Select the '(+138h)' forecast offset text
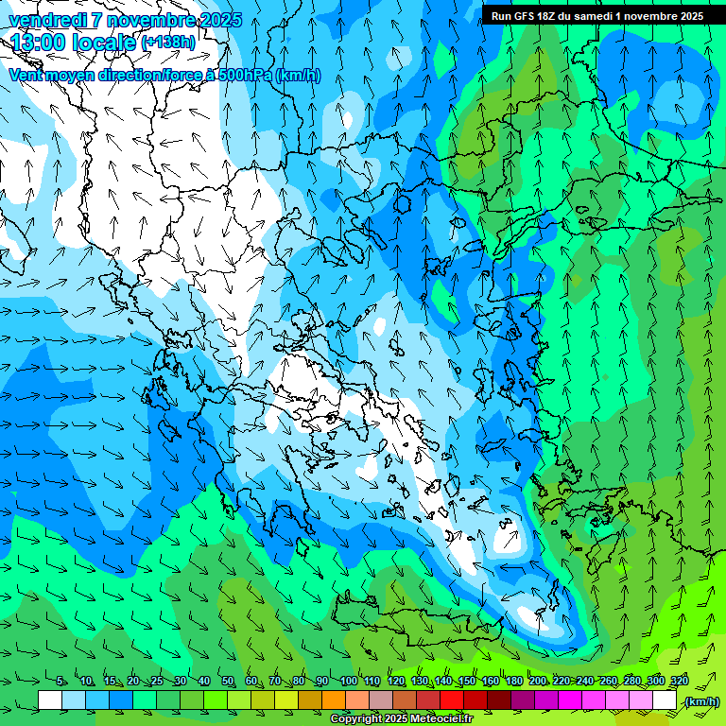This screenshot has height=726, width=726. coord(168,42)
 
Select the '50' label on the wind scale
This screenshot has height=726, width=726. coord(228,682)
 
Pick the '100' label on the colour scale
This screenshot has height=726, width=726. coord(348,682)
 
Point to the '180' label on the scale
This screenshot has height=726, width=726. coord(513,682)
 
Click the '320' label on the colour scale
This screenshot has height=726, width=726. coord(679,682)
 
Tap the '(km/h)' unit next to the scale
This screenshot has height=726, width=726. coord(702,701)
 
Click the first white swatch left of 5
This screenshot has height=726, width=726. coord(50,700)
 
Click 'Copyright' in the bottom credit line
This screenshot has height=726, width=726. coord(356,719)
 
